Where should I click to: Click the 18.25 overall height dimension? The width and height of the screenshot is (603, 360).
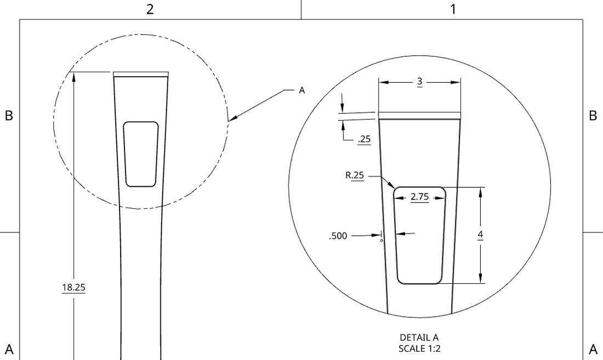click(x=73, y=287)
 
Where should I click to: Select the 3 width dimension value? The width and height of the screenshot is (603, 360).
click(x=419, y=82)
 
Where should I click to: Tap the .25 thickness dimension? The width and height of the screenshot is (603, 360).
click(x=364, y=139)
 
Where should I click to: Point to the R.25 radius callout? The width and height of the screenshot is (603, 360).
click(x=355, y=175)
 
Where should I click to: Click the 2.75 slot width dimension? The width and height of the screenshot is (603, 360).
click(x=419, y=197)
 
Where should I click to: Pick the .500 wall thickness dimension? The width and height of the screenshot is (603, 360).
click(x=338, y=236)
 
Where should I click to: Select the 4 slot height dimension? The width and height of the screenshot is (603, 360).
click(x=480, y=235)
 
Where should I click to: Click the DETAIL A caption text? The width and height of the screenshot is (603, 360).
click(x=419, y=338)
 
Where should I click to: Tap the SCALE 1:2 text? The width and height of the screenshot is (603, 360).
click(x=419, y=348)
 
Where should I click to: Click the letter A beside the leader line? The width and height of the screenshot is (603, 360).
click(x=302, y=90)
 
